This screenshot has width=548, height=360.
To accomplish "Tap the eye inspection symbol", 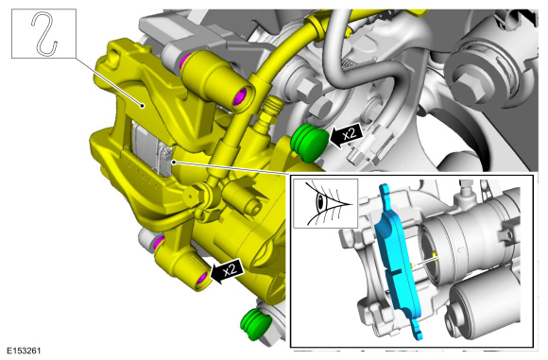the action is point(325,203).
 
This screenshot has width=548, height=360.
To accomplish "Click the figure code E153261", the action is point(25,351).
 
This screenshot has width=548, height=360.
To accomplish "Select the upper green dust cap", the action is point(309,143).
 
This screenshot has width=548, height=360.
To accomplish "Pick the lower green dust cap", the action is point(255,324).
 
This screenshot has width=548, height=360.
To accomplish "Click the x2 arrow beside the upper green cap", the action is point(346,135).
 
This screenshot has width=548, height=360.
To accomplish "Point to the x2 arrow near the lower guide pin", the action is point(226,271).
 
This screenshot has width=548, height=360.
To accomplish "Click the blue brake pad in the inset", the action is point(398,259).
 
